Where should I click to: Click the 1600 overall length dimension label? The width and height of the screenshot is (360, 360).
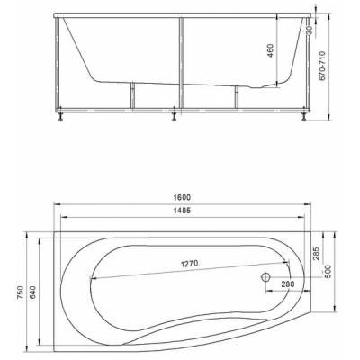point(182,198)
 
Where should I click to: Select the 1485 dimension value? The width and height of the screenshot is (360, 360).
point(182,211)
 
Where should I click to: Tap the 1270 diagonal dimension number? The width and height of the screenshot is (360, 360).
point(190,264)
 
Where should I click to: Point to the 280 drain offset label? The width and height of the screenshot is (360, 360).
point(288,283)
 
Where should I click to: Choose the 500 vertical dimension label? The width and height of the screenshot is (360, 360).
point(328,272)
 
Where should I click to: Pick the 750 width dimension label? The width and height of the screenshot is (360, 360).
point(20,292)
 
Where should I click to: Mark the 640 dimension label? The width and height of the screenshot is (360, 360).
point(32,292)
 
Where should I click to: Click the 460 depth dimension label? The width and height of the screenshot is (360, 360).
point(270,50)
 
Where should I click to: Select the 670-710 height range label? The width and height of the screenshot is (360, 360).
point(322,66)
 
